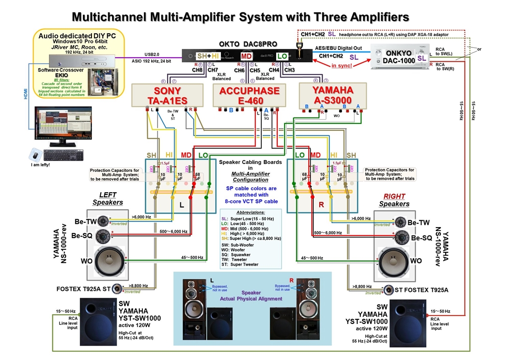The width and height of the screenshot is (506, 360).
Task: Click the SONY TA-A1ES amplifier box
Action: click(x=168, y=95)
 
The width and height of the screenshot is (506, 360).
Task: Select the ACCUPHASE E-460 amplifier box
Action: click(x=250, y=95)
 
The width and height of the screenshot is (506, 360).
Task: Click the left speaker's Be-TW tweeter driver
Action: click(x=103, y=221)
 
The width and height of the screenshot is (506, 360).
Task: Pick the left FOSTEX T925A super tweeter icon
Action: click(x=117, y=288)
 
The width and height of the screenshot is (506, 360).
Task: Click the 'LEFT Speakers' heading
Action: click(x=108, y=199)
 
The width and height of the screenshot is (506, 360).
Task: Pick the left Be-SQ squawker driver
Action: click(x=103, y=235)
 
